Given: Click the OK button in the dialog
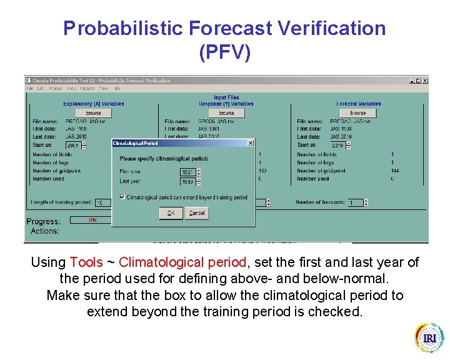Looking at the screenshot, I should coord(171,213).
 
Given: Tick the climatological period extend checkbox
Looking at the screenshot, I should coord(122,197).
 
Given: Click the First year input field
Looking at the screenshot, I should coord(187,172).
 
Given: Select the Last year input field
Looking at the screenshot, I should coord(187,182).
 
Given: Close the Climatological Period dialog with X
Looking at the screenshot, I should coord(251,143).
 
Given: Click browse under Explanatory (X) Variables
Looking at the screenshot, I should coord(93,113).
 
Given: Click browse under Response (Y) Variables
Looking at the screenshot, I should coord(226,113).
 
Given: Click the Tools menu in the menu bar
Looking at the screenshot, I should coord(71,89).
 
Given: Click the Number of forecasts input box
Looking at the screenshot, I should coord(355,202).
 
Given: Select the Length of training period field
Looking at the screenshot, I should coord(102,202).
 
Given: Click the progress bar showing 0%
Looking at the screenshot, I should coord(91,220).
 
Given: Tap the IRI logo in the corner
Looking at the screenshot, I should coord(429,338).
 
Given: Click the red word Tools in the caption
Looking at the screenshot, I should coord(86,262).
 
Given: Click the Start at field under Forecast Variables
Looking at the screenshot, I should coord(340,145).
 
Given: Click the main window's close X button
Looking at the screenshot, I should coord(425,81).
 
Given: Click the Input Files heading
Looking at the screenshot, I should coord(226,97).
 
